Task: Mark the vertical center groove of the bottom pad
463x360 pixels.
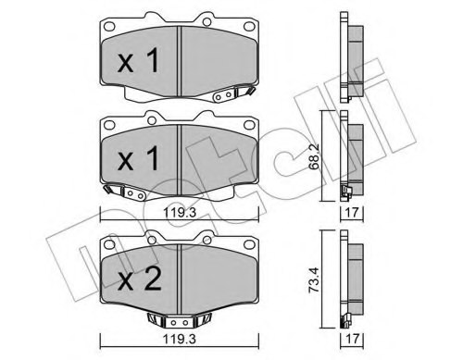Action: coord(177,278)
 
